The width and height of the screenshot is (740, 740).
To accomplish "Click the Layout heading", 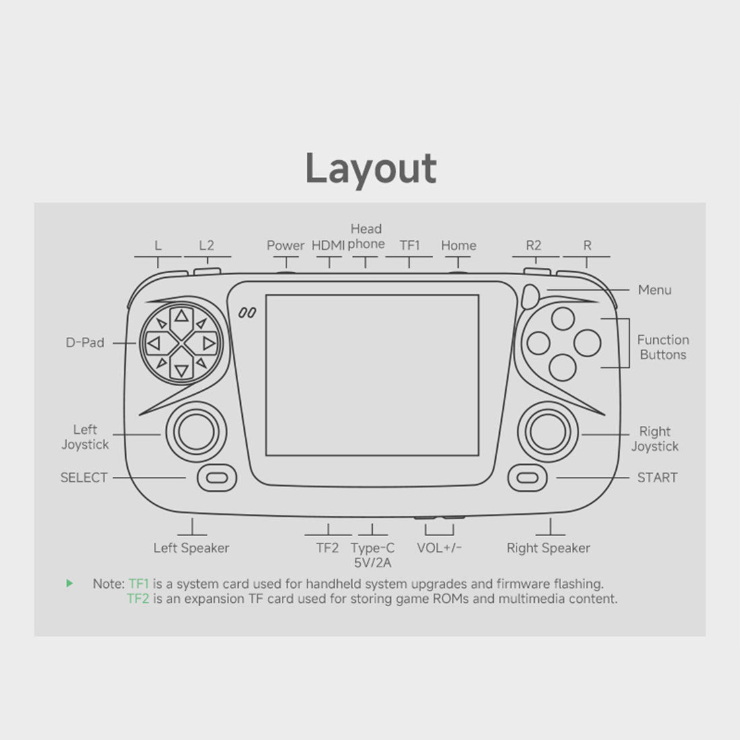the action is click(x=371, y=169).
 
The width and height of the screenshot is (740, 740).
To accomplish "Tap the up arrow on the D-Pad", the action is click(x=182, y=316).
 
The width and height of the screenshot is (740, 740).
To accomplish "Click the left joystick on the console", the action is click(x=196, y=432).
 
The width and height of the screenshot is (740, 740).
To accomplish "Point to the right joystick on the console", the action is click(x=548, y=432).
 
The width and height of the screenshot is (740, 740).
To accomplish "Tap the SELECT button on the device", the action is click(x=217, y=478).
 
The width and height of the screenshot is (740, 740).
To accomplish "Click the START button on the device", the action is click(x=527, y=478).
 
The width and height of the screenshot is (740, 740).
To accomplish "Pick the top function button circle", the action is click(x=562, y=318).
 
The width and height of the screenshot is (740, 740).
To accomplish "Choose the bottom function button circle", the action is click(x=562, y=367).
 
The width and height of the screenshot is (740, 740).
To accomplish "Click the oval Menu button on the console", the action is click(x=531, y=297).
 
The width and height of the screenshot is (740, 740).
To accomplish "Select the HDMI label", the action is click(x=328, y=246).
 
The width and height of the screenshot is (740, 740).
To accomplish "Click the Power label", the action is click(x=285, y=246).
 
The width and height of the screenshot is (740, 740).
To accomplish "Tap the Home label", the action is click(x=458, y=246).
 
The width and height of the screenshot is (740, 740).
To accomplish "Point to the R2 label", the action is click(x=533, y=246).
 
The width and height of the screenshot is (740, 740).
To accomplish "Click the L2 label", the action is click(x=207, y=246).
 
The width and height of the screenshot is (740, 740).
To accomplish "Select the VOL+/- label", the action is click(x=439, y=548).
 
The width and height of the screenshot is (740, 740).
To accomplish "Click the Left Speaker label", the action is click(x=191, y=548).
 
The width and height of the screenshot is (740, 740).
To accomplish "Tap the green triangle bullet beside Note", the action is click(x=70, y=583).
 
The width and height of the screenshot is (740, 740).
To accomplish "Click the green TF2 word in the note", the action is click(x=138, y=599).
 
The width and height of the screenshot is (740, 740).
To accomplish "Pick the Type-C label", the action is click(x=373, y=548).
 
